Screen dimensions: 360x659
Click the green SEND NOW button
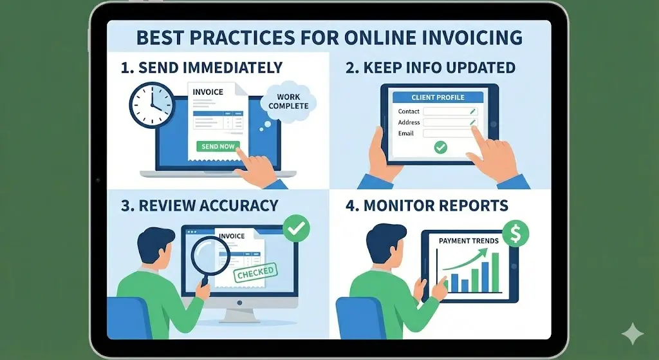click(x=218, y=146)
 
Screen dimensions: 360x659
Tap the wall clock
click(x=151, y=104)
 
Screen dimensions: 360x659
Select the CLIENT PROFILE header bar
click(x=438, y=97)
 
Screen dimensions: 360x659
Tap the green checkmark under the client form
click(x=440, y=147)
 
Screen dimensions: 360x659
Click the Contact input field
click(x=450, y=111)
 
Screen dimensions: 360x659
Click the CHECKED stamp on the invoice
click(x=256, y=274)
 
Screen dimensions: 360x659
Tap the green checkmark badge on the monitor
click(x=296, y=227)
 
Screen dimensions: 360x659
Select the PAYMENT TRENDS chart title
click(x=469, y=241)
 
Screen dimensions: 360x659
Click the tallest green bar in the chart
click(x=495, y=272)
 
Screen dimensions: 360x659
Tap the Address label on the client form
click(x=409, y=122)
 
